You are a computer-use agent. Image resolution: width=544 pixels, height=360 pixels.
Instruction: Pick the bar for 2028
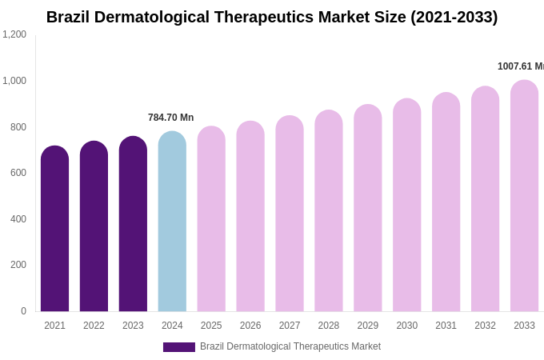(x=328, y=211)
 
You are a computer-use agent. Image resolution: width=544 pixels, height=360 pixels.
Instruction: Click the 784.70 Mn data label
(x=170, y=118)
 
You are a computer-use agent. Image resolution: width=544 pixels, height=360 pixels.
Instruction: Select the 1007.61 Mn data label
(x=520, y=66)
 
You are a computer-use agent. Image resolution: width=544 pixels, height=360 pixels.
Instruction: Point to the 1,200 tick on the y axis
(x=14, y=34)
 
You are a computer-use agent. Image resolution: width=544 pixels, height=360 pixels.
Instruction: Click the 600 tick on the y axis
(x=18, y=173)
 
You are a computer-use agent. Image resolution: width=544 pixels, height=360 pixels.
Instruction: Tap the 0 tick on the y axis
(x=23, y=311)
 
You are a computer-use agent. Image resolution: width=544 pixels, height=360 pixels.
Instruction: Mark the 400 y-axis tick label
(x=18, y=219)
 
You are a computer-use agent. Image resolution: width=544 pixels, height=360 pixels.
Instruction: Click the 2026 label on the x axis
(x=250, y=326)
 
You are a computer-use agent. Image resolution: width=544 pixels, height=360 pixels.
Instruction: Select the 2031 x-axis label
(x=446, y=326)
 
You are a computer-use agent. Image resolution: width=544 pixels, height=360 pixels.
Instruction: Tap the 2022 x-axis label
(x=94, y=326)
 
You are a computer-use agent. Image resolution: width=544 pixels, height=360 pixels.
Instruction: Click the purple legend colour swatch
(x=178, y=347)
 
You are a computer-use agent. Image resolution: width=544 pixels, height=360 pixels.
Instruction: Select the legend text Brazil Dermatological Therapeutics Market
(x=290, y=346)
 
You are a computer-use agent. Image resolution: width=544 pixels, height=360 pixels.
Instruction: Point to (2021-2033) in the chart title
(x=454, y=17)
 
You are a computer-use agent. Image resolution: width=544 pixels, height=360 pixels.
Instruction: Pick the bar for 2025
(x=211, y=219)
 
